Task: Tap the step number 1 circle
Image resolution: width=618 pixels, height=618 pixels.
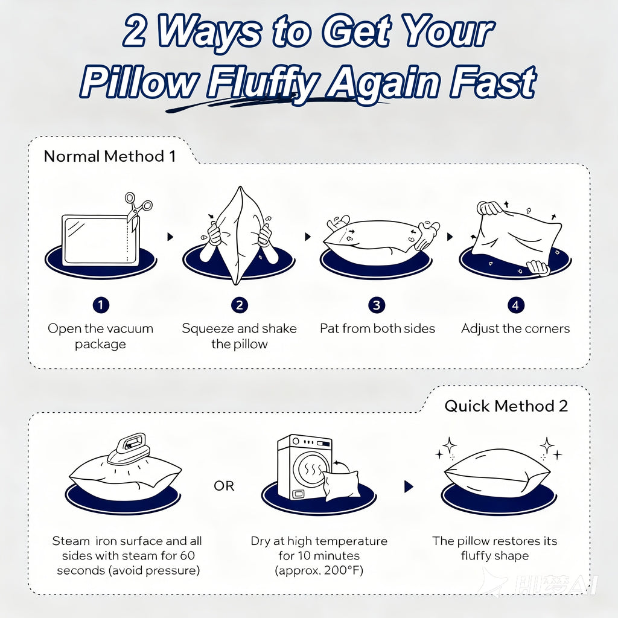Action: pos(101,305)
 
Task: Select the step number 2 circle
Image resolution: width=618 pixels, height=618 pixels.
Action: pos(239,305)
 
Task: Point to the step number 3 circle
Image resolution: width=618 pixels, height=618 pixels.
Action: pos(377,305)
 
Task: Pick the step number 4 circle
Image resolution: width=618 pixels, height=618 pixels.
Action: pos(515,305)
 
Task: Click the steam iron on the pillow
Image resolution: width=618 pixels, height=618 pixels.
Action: pos(128,448)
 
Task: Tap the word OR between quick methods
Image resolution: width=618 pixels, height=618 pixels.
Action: pos(224,486)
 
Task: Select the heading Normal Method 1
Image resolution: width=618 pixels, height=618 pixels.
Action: pos(110,156)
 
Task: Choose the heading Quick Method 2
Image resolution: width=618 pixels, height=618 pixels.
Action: pos(506,406)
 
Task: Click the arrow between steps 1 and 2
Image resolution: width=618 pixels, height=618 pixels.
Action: pos(170,237)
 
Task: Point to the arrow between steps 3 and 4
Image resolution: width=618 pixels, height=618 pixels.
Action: pos(450,237)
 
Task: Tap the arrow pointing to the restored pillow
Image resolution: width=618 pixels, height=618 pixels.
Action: pos(409,487)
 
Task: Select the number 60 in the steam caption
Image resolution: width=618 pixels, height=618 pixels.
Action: pos(187,555)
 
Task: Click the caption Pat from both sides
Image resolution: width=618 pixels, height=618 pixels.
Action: pos(377,328)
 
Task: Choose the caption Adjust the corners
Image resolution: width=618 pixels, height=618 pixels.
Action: pos(515,328)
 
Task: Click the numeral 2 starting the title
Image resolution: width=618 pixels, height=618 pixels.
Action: pos(135,31)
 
